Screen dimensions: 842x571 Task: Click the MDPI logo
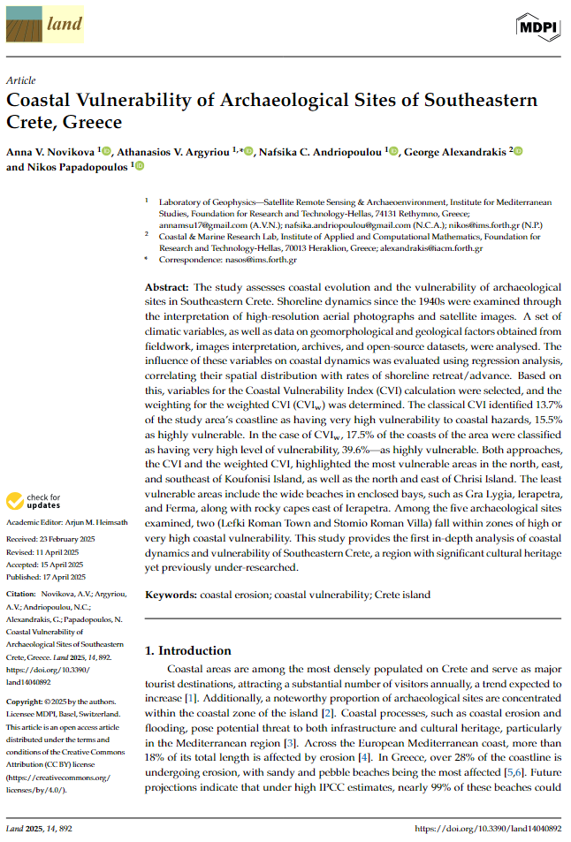[x=537, y=27]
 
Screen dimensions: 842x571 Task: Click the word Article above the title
[x=20, y=80]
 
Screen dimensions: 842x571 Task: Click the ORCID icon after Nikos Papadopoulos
[x=139, y=166]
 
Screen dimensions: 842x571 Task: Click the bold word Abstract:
[x=166, y=288]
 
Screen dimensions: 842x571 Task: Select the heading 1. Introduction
[x=187, y=650]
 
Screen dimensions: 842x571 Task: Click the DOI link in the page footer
[x=487, y=829]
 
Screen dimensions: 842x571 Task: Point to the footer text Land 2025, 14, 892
[x=39, y=829]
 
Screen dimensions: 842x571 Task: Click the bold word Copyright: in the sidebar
[x=27, y=675]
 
